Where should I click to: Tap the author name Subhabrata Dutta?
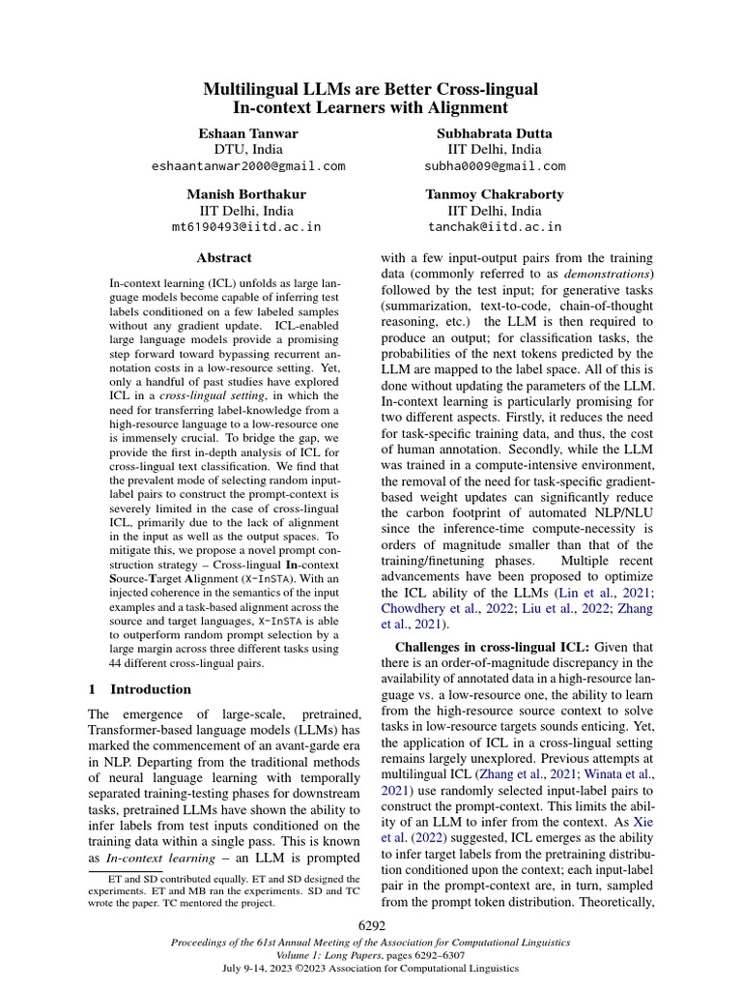[x=495, y=132]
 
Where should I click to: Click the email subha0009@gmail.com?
[x=495, y=165]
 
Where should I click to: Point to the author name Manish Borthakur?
[x=246, y=194]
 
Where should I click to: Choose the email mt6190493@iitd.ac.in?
[x=246, y=227]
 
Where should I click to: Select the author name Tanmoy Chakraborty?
[x=495, y=194]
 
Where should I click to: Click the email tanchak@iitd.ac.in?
[x=495, y=227]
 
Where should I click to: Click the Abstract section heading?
[x=224, y=258]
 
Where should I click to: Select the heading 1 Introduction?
[x=140, y=689]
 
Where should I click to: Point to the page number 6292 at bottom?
[x=371, y=926]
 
